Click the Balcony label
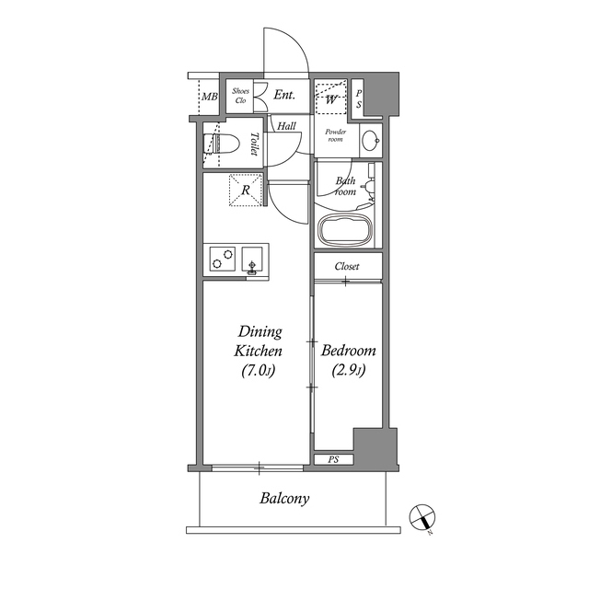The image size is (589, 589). point(283,500)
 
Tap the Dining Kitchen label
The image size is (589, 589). point(259,341)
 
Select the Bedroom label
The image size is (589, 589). point(348,352)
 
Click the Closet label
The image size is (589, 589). point(347,267)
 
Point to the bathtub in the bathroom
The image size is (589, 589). point(344,230)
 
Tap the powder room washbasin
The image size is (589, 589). point(369,141)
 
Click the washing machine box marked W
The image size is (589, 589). point(330,96)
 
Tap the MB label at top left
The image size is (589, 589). point(210,96)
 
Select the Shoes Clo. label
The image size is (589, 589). point(241,96)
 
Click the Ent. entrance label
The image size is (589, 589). point(283,95)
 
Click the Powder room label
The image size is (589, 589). point(332,134)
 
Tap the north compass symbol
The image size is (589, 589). point(422,518)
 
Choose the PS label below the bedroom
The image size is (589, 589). point(332,458)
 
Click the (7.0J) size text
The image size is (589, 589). point(259,372)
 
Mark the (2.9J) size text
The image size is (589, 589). point(348,372)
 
